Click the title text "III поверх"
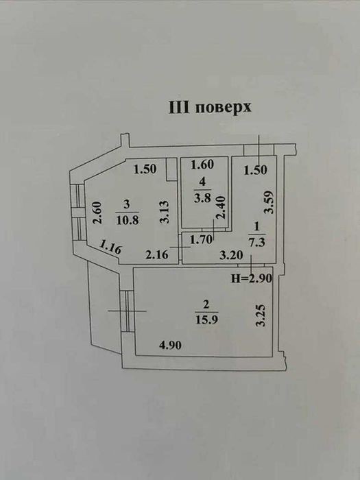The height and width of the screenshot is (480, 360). coord(210,108)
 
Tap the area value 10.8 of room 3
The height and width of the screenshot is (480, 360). coord(128,220)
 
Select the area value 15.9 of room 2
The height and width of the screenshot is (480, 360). coord(206,320)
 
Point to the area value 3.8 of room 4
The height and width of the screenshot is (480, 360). coord(202,197)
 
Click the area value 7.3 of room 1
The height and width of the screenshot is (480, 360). coord(256,242)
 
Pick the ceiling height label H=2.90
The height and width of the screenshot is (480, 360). coord(252,278)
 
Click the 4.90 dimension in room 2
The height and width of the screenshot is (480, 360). coord(170,345)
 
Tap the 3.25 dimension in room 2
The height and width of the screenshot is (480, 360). coord(261,315)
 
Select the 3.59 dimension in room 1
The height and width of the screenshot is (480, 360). coord(269,202)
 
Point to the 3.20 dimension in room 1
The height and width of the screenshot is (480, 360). coord(231,254)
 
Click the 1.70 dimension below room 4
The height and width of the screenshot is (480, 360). coord(201,240)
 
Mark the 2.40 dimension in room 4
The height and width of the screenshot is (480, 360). coord(220,207)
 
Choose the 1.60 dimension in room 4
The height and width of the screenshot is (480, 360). coord(202,165)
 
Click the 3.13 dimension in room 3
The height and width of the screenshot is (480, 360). coord(165,212)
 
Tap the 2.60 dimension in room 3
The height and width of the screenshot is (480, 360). coord(97,213)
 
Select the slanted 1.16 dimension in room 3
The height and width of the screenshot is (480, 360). coord(110,247)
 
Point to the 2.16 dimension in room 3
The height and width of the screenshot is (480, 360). coord(157,254)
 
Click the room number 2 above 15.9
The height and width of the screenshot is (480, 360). coord(206,304)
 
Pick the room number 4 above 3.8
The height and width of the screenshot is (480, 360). coord(202,182)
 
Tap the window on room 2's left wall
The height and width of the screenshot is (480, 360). coord(127,311)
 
